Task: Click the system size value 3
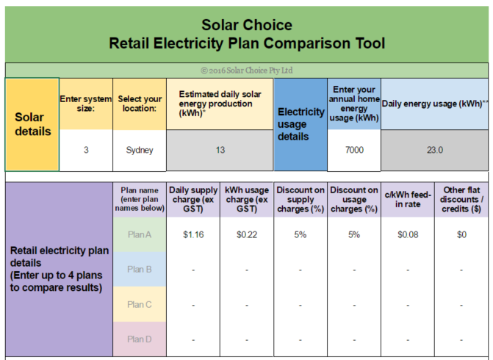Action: tap(86, 150)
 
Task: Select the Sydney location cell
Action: tap(140, 151)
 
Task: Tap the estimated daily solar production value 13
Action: tap(220, 150)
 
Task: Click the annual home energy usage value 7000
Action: tap(354, 150)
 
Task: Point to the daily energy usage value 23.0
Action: tap(435, 150)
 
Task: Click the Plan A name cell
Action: tap(140, 234)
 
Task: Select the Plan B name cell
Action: tap(140, 270)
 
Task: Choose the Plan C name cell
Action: tap(140, 304)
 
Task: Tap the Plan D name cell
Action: tap(140, 339)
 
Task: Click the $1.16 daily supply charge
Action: tap(193, 234)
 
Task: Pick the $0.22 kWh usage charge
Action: tap(247, 234)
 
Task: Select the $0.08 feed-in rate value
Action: tap(408, 234)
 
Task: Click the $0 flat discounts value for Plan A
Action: tap(461, 234)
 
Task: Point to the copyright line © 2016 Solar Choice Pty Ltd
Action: tap(247, 70)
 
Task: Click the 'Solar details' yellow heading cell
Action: tap(32, 124)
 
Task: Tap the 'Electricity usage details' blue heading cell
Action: tap(301, 124)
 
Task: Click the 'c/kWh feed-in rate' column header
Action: tap(408, 199)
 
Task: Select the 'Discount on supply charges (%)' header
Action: tap(301, 199)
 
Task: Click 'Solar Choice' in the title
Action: tap(247, 25)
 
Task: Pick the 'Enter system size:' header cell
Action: tap(86, 104)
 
